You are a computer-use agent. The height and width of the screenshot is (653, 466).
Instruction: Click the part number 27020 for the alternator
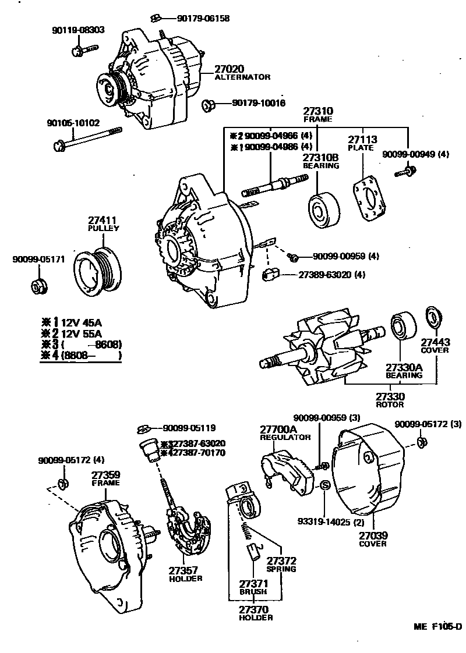pos(230,68)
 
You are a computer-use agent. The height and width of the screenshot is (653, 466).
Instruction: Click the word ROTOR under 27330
pos(390,404)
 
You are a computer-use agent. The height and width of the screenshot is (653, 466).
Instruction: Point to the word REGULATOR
pos(285,437)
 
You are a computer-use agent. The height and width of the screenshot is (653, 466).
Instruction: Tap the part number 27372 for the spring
pos(282,560)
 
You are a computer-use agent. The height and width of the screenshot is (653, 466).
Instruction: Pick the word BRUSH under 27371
pos(253,591)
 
